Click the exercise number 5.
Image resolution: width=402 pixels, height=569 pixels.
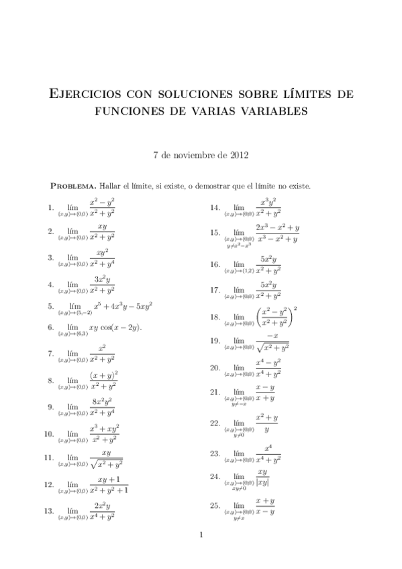pyautogui.click(x=50, y=307)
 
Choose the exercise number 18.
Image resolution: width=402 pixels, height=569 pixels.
pyautogui.click(x=215, y=317)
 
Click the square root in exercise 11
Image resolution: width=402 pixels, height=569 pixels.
pyautogui.click(x=106, y=464)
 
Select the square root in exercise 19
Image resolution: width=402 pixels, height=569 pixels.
pyautogui.click(x=272, y=347)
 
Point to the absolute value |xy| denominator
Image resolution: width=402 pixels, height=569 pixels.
pyautogui.click(x=263, y=482)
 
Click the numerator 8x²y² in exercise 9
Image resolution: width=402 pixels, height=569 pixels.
pyautogui.click(x=101, y=403)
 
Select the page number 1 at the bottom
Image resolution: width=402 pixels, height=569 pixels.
pyautogui.click(x=201, y=535)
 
